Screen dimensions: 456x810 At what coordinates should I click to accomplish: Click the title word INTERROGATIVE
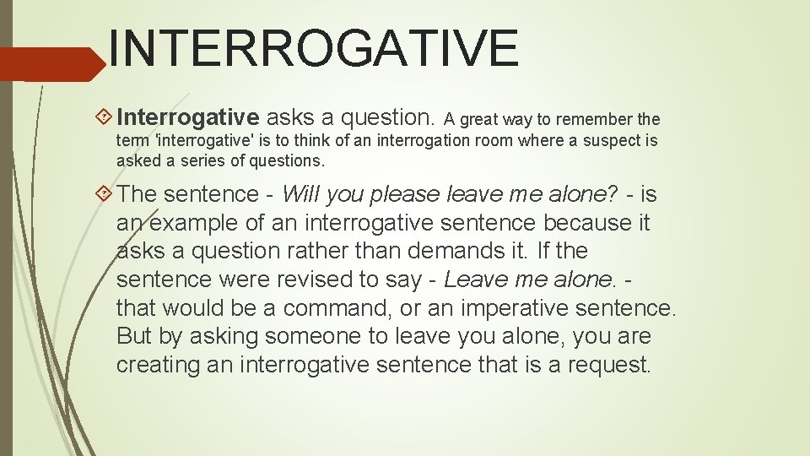313,48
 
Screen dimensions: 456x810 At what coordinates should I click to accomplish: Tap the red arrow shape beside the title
51,64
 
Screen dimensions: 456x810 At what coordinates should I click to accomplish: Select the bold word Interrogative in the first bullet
187,117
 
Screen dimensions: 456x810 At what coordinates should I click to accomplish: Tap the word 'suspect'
610,141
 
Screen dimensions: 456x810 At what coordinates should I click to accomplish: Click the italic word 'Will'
298,194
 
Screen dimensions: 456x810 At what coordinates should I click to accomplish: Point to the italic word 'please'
411,194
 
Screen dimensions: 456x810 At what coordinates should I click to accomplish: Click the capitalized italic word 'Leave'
471,280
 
